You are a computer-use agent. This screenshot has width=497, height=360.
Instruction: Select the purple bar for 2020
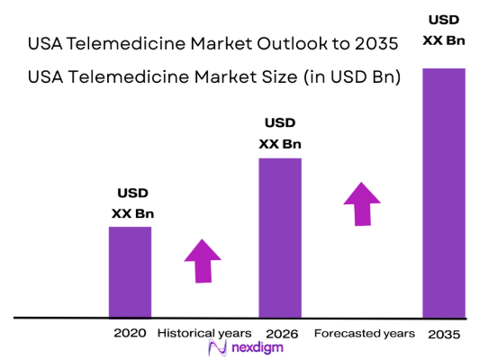pyautogui.click(x=131, y=272)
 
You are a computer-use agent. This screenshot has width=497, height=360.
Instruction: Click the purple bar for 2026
pyautogui.click(x=280, y=238)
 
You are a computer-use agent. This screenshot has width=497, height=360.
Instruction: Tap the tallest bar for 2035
pyautogui.click(x=444, y=193)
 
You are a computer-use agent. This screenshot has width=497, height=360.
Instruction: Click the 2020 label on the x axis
pyautogui.click(x=130, y=333)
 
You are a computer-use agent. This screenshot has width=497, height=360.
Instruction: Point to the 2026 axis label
pyautogui.click(x=280, y=333)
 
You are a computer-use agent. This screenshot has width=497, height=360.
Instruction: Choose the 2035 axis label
pyautogui.click(x=444, y=334)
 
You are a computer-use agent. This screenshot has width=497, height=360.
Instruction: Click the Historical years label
pyautogui.click(x=203, y=333)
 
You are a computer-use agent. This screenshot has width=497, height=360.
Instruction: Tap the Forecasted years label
pyautogui.click(x=365, y=333)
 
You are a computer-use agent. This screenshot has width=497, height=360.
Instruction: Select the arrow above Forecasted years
pyautogui.click(x=363, y=204)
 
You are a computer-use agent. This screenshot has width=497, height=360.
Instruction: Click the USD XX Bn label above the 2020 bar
pyautogui.click(x=132, y=203)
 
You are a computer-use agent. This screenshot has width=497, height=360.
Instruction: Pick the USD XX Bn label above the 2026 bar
pyautogui.click(x=280, y=133)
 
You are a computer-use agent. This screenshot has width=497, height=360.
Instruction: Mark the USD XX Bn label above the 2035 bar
pyautogui.click(x=444, y=30)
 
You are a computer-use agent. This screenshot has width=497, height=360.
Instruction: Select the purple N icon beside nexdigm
pyautogui.click(x=215, y=348)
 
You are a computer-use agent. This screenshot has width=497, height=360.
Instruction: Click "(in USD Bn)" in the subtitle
pyautogui.click(x=351, y=77)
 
